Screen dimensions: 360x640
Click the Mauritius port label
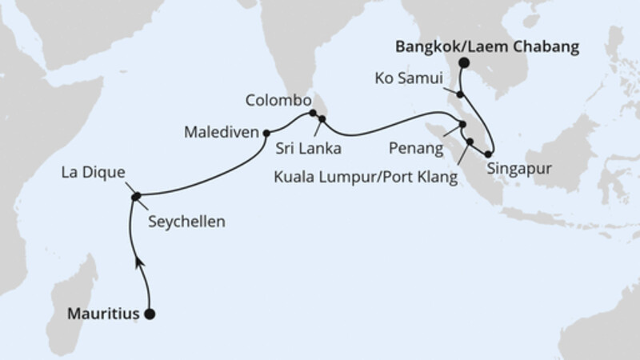tap(102, 314)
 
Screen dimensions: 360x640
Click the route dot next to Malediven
tap(266, 133)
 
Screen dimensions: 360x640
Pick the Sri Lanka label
tap(309, 149)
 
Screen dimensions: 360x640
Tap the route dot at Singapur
tap(488, 153)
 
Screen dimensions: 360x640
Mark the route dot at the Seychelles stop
tap(135, 196)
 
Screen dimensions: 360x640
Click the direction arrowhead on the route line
tap(139, 262)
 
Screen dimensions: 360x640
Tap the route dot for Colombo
tap(313, 114)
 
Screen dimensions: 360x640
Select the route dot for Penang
tap(462, 124)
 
